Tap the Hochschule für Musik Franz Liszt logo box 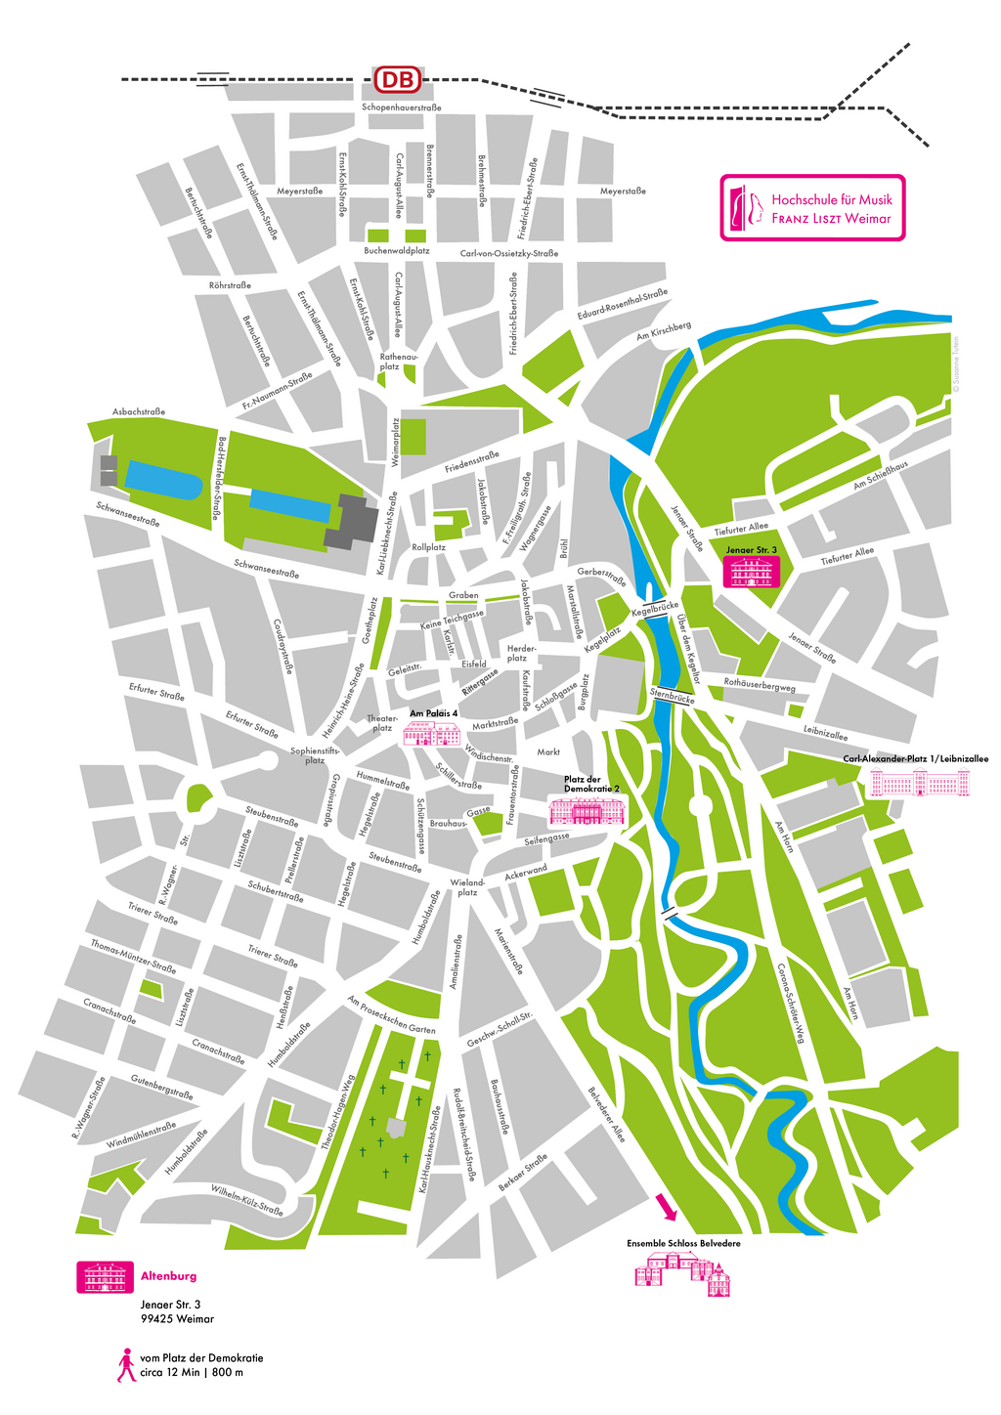812,207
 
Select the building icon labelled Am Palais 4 432,733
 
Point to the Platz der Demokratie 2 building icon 586,811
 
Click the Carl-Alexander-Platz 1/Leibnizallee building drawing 920,783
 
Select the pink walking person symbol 126,1365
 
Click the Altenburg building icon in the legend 105,1276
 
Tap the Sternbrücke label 672,698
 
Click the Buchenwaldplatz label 397,251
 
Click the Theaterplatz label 382,723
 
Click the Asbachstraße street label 138,412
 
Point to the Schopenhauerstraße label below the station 401,107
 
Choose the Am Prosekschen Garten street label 391,1015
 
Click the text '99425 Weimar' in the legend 177,1319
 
